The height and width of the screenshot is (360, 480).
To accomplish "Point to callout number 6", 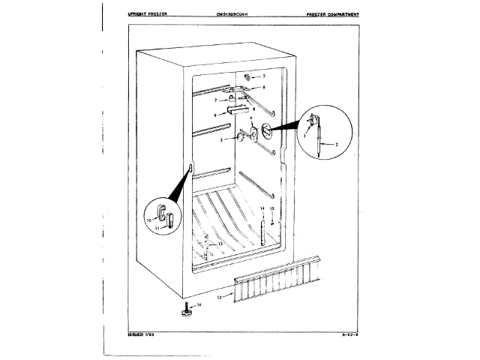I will click(x=264, y=88).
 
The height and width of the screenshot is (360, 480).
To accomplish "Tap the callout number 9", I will click(x=214, y=115).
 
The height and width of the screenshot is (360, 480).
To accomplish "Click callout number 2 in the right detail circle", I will click(x=336, y=143).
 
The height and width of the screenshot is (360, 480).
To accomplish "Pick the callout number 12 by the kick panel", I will click(x=219, y=298).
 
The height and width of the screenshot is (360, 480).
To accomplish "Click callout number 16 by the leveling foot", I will click(x=200, y=305).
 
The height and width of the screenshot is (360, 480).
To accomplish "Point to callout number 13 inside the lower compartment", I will click(x=220, y=244).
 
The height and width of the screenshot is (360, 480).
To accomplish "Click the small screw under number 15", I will click(x=272, y=221).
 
